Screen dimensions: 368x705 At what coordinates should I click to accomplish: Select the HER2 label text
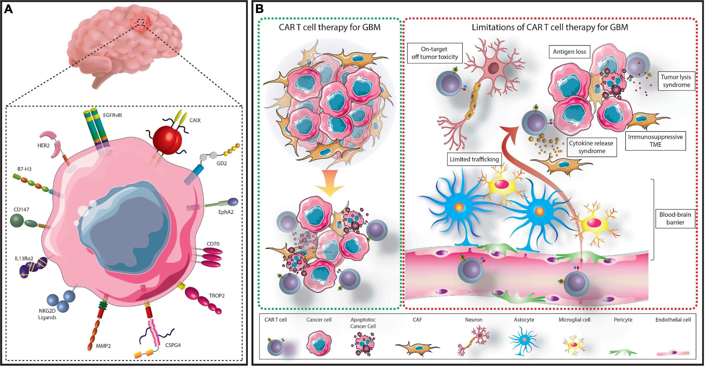[44, 146]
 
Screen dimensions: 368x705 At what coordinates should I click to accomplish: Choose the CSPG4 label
[173, 345]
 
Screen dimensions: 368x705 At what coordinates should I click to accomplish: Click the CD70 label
[213, 244]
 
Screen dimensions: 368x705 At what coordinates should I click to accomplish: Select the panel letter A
[9, 10]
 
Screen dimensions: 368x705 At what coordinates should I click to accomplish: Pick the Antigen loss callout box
[569, 52]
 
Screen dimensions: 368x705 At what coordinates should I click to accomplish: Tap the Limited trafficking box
[474, 159]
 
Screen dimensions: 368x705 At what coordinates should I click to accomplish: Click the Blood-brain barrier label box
[675, 218]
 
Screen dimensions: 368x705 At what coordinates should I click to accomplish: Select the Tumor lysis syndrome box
[676, 81]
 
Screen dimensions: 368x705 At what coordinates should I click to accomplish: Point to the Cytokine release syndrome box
[591, 147]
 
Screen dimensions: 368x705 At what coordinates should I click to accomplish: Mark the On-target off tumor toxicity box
[435, 53]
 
